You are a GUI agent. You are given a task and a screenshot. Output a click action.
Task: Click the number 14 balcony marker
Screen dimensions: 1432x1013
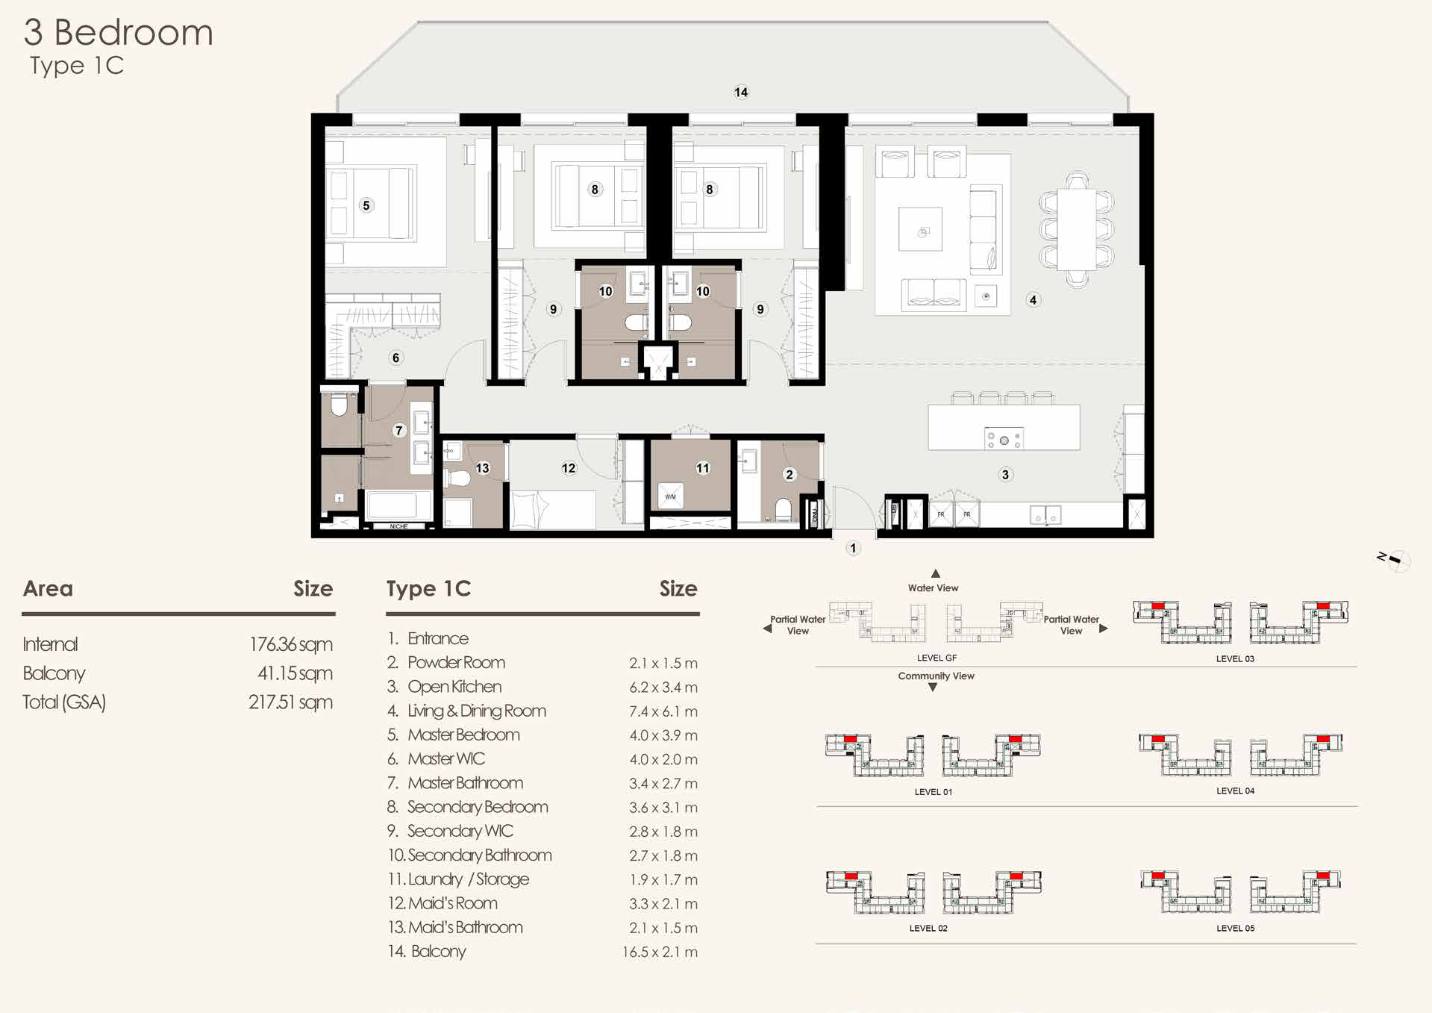[x=741, y=92]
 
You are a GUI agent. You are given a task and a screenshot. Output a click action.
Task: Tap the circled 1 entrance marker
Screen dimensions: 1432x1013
[x=853, y=548]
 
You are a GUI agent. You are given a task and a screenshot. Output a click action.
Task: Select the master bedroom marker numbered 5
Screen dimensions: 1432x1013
[x=366, y=205]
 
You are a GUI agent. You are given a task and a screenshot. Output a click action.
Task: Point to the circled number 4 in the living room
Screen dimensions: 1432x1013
[x=1033, y=300]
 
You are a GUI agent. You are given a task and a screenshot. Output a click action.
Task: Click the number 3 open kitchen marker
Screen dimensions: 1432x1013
[x=1005, y=475]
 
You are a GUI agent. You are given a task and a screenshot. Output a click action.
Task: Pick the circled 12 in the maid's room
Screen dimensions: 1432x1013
[x=569, y=468]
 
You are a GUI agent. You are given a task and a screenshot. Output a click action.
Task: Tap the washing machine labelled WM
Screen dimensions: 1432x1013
[x=670, y=496]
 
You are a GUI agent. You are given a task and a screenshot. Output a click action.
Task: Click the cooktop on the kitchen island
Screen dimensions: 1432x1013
[x=1004, y=440]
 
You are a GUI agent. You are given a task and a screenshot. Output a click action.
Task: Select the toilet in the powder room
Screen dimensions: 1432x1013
[x=783, y=509]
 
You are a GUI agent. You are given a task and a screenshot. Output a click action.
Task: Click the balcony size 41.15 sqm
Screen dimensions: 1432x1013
[x=295, y=673]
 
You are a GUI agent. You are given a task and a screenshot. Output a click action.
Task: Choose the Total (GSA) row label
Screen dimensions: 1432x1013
[x=64, y=702]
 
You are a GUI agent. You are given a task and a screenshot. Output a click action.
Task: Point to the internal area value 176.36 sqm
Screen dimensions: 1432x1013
[x=291, y=644]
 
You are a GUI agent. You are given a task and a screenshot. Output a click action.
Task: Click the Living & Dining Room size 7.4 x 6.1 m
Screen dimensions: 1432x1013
[x=663, y=711]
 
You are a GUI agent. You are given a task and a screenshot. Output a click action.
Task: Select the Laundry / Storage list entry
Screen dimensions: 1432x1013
[x=458, y=879]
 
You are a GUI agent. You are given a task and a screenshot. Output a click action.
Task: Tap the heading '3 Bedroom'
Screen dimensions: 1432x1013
[x=119, y=32]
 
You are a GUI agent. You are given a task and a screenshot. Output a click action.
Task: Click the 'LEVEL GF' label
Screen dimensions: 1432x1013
[x=937, y=658]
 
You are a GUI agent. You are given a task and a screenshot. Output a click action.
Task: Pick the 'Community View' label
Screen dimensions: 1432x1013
[x=936, y=676]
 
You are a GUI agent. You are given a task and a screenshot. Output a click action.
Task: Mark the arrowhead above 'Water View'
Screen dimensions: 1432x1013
[x=935, y=573]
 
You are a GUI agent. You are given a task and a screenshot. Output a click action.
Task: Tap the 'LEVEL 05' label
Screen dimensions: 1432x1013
[x=1235, y=928]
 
